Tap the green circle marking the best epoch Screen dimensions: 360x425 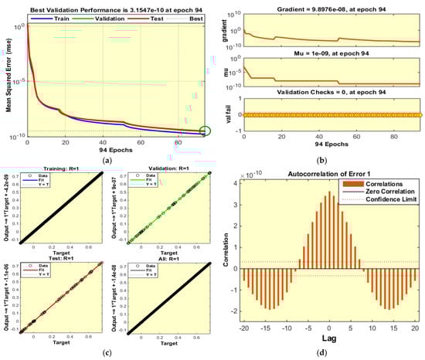tap(204, 131)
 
